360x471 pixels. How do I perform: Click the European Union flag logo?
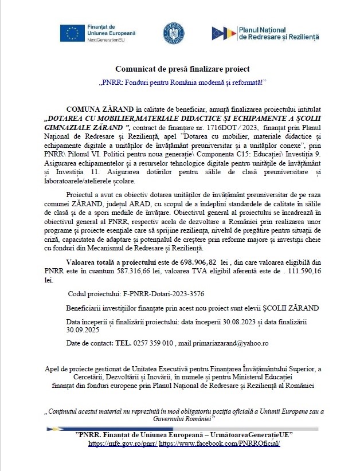[x=73, y=34]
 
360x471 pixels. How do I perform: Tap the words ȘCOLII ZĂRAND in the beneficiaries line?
[x=291, y=308]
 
